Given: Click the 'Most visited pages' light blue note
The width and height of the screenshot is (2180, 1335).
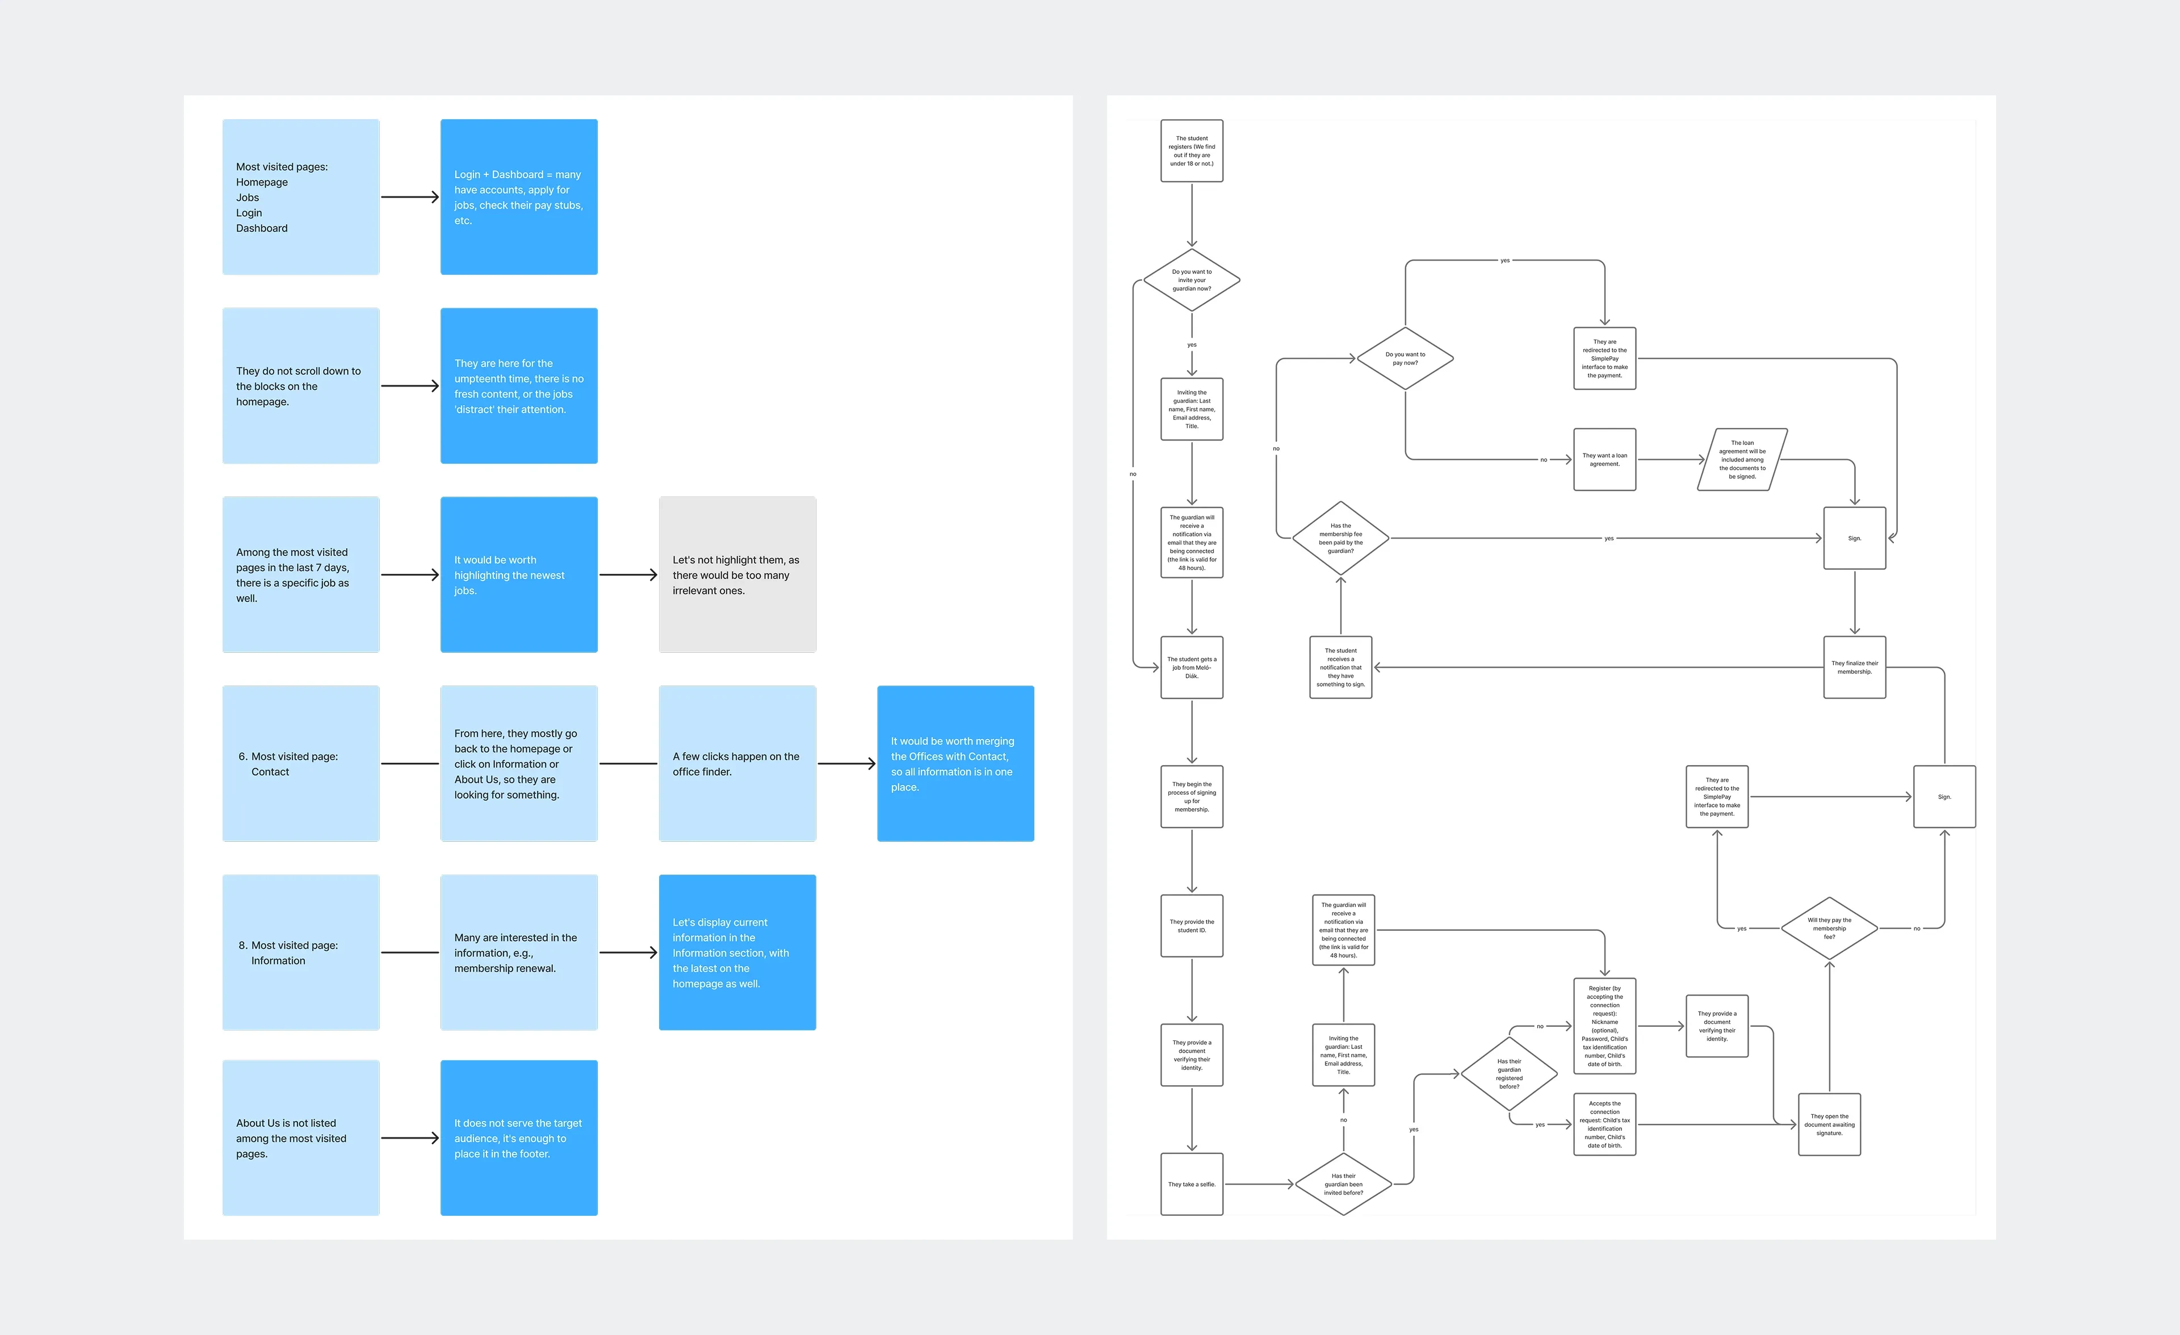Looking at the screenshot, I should pos(301,196).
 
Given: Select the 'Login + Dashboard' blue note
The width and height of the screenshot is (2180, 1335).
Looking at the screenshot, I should pos(518,196).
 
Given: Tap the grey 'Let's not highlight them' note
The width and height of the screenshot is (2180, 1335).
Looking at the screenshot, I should pos(737,574).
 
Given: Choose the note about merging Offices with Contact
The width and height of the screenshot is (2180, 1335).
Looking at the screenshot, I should pos(955,763).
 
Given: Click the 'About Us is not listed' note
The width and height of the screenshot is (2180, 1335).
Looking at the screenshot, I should pos(301,1137).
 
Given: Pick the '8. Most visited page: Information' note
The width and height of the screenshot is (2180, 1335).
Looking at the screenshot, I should pos(301,952).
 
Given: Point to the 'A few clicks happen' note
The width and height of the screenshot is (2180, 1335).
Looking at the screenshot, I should pos(737,763).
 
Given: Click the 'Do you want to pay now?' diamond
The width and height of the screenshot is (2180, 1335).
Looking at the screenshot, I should pos(1405,358).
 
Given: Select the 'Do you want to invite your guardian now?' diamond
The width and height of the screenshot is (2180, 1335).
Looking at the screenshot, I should pos(1191,280).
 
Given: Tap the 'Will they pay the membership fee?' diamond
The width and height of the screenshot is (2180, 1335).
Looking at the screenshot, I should pos(1829,928).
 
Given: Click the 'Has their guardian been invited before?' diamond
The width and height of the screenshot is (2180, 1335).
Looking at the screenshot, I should pos(1343,1183).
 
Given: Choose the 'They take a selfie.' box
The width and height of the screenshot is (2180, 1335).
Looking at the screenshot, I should pos(1191,1183).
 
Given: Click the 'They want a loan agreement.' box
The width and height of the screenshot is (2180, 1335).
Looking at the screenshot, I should pos(1604,459).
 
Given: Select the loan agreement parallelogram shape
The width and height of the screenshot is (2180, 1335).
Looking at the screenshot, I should pos(1742,459).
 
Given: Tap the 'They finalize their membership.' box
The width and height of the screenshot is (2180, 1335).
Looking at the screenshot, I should pos(1854,667).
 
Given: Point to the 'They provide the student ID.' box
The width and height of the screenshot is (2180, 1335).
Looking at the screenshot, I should pos(1191,925).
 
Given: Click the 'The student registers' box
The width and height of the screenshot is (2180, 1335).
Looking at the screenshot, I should pos(1191,150).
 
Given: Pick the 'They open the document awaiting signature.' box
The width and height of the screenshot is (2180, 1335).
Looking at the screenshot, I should pos(1829,1124).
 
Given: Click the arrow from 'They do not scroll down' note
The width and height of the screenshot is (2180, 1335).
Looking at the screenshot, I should pos(410,386).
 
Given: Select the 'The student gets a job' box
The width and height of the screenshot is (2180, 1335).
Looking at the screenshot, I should pos(1191,667).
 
